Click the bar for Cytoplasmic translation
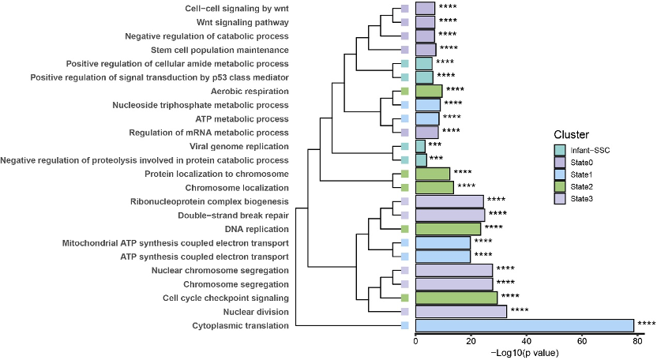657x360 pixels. click(524, 325)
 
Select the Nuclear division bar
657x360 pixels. click(461, 312)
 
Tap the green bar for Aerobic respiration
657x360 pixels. click(429, 91)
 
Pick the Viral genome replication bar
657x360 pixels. click(420, 146)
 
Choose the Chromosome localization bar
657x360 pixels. click(434, 188)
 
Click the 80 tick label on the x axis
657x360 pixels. click(637, 341)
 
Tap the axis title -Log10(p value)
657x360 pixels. click(524, 353)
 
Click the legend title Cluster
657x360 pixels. click(571, 134)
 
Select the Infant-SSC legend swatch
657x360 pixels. click(560, 150)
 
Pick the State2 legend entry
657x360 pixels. click(573, 186)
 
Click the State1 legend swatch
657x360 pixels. click(560, 174)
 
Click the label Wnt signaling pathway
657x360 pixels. click(242, 22)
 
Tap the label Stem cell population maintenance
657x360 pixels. click(220, 50)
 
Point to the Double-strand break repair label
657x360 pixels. click(233, 216)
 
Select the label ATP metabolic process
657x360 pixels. click(242, 119)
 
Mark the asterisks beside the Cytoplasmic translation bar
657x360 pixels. click(647, 323)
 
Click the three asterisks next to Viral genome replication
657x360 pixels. click(434, 144)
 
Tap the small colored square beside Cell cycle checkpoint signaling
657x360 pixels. click(405, 298)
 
